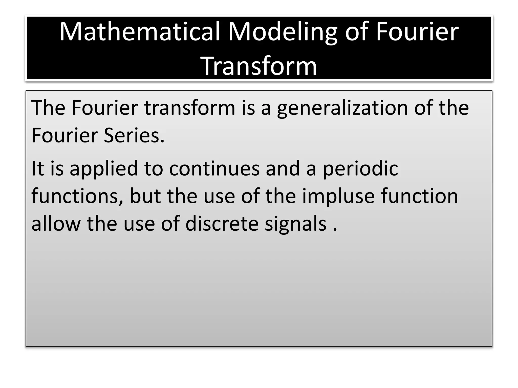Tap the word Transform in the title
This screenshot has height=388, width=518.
[x=259, y=66]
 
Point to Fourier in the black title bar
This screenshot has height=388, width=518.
[x=417, y=32]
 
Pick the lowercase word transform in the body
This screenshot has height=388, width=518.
[x=189, y=108]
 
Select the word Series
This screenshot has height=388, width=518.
[x=134, y=136]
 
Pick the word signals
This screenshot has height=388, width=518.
[x=295, y=225]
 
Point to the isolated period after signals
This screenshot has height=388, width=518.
[x=335, y=229]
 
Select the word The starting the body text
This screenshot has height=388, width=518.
[x=48, y=108]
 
